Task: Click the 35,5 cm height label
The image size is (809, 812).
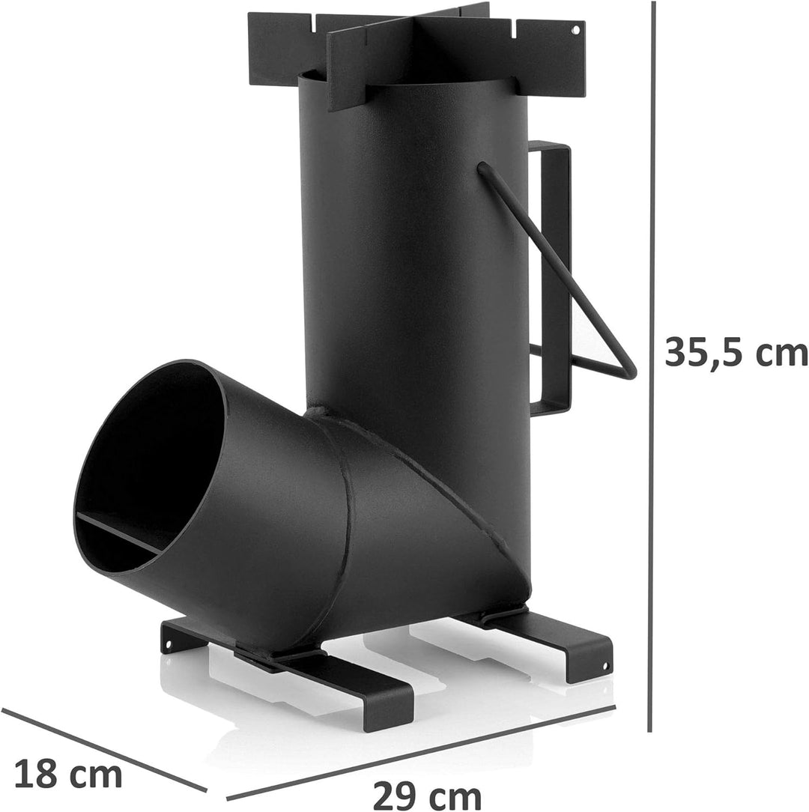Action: coord(735,351)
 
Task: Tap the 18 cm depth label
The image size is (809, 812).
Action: coord(68,774)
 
